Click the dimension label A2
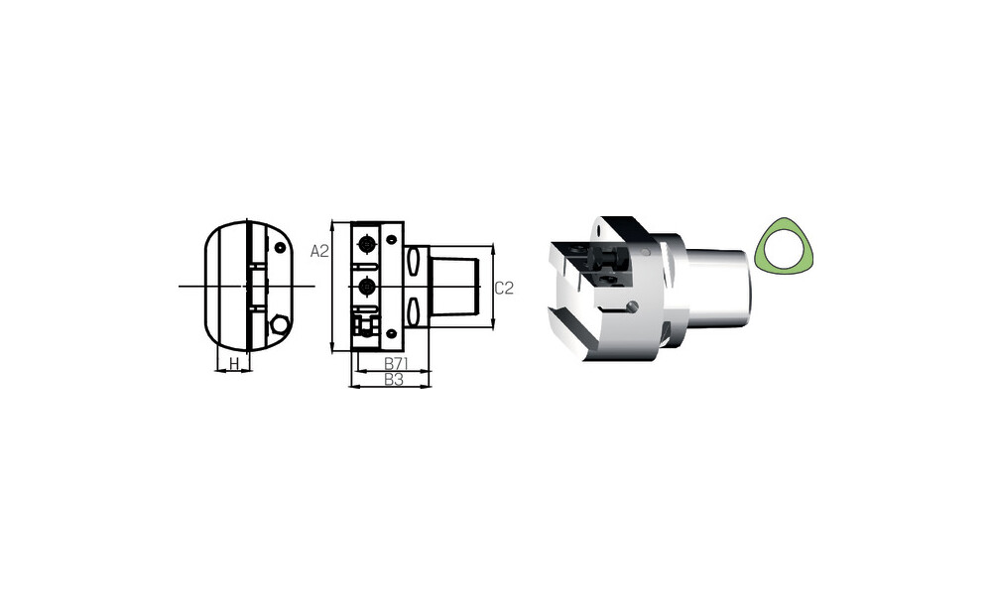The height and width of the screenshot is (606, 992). tap(319, 251)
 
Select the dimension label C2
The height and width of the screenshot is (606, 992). tap(504, 289)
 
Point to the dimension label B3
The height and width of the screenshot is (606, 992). tap(394, 380)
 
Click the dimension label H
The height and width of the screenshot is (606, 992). tap(234, 364)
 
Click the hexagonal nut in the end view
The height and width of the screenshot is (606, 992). tap(279, 325)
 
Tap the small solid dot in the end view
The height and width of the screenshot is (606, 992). tap(280, 247)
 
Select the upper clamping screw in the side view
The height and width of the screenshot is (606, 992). tap(366, 242)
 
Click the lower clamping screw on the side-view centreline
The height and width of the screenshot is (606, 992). tap(366, 287)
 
